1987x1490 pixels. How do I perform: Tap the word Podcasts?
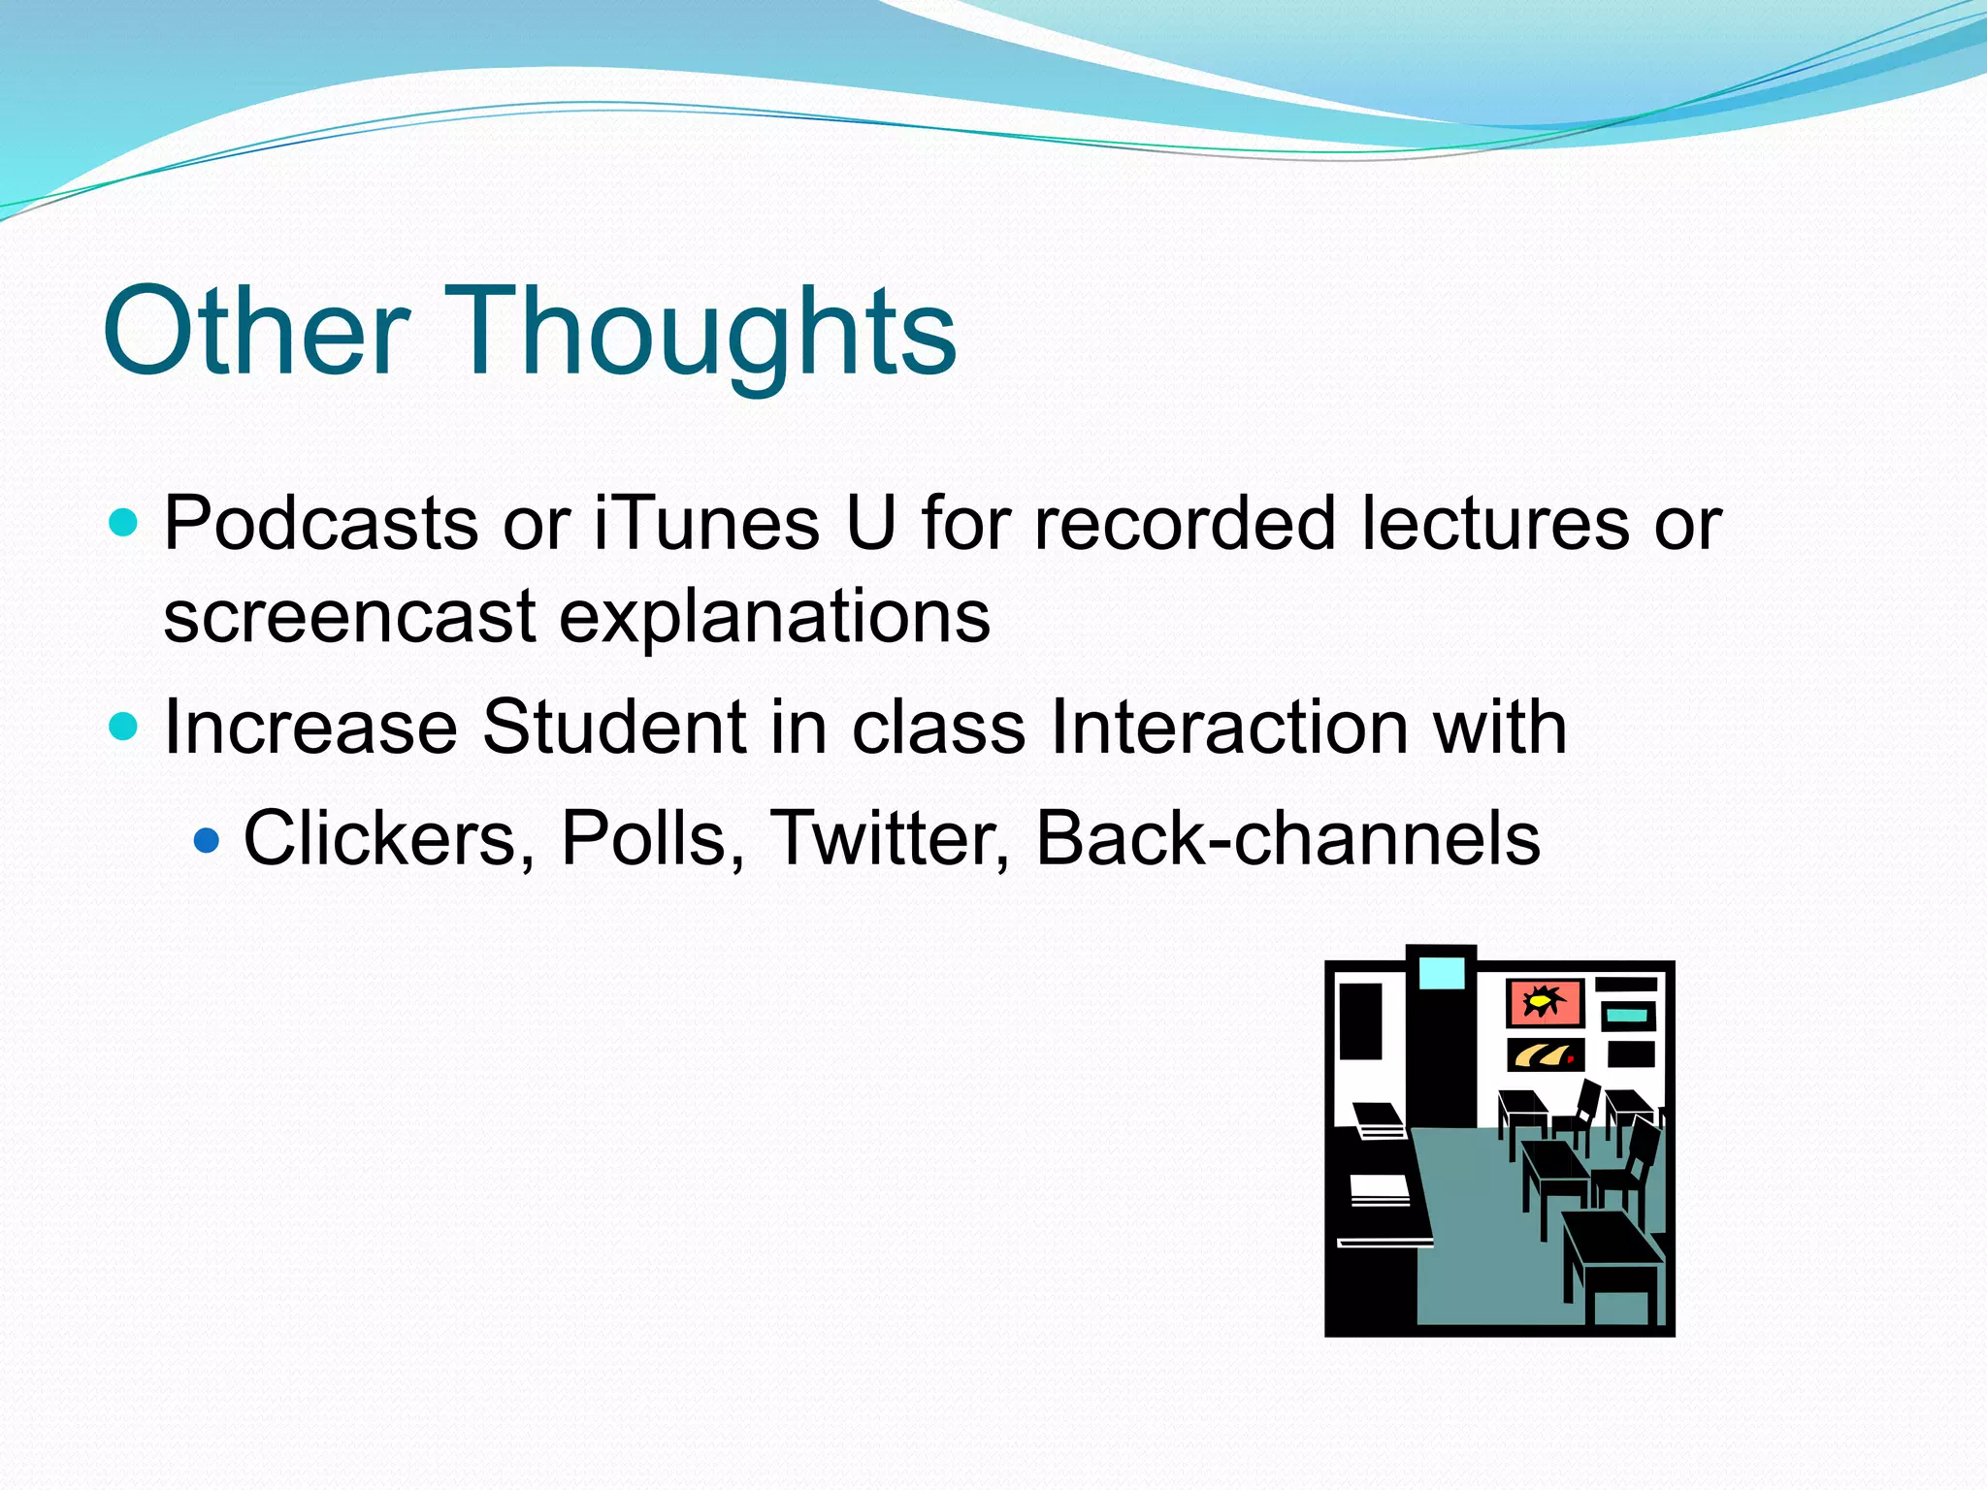320,524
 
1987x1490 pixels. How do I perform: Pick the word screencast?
349,618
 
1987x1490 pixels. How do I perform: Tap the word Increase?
310,728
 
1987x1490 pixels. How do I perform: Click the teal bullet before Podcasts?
123,524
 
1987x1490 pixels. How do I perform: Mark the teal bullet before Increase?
123,727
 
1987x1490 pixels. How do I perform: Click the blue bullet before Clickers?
207,839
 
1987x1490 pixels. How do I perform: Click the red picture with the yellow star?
1544,1002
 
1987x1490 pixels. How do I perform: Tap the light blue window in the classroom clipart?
1441,973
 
